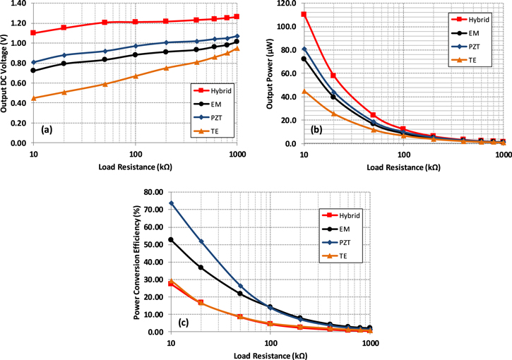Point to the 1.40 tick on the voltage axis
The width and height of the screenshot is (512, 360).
click(18, 4)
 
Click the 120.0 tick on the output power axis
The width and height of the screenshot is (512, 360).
click(287, 4)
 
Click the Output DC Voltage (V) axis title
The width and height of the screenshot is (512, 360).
click(6, 73)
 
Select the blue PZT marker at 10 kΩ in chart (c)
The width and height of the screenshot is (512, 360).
click(171, 203)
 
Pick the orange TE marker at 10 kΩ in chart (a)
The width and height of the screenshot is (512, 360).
click(33, 98)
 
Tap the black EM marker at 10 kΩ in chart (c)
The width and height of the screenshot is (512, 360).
click(171, 240)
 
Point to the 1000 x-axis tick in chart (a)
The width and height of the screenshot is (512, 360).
click(237, 152)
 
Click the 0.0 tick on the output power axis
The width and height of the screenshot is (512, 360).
click(291, 143)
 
